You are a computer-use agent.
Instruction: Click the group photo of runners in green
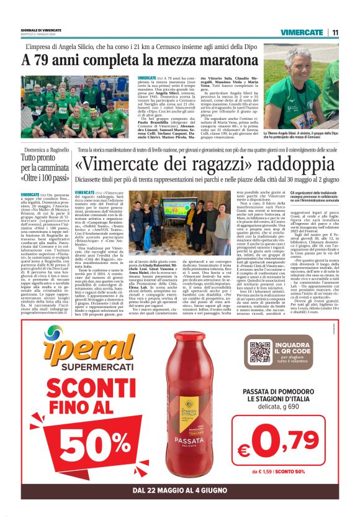(75, 107)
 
